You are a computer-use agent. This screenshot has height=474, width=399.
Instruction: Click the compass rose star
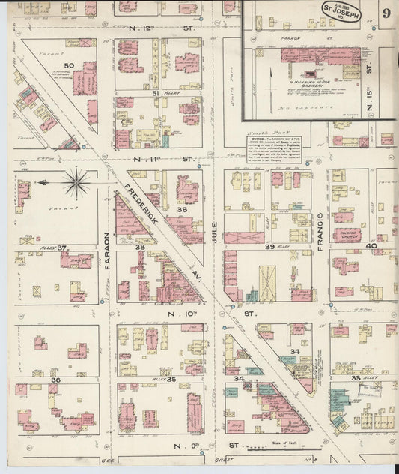coord(77,181)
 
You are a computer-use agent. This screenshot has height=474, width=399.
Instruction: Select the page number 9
coord(386,13)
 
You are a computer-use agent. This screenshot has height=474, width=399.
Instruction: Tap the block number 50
coord(69,66)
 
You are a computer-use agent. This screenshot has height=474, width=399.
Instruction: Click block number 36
coord(55,380)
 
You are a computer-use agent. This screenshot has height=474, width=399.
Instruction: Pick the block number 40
coord(371,245)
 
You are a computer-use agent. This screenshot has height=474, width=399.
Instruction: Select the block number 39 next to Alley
coord(269,246)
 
